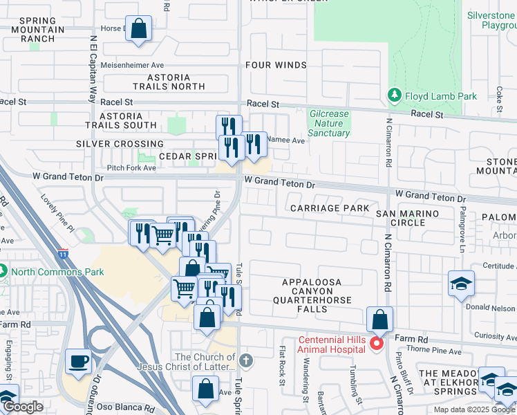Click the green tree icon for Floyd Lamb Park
coord(395,95)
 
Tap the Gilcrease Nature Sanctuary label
coord(329,123)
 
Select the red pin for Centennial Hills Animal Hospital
coord(377,343)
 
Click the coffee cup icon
coord(78,361)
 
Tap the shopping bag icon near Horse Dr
coord(139,29)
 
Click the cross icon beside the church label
coord(247,360)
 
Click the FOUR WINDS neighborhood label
coord(276,65)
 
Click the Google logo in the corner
coord(23,407)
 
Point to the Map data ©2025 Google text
coord(474,409)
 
